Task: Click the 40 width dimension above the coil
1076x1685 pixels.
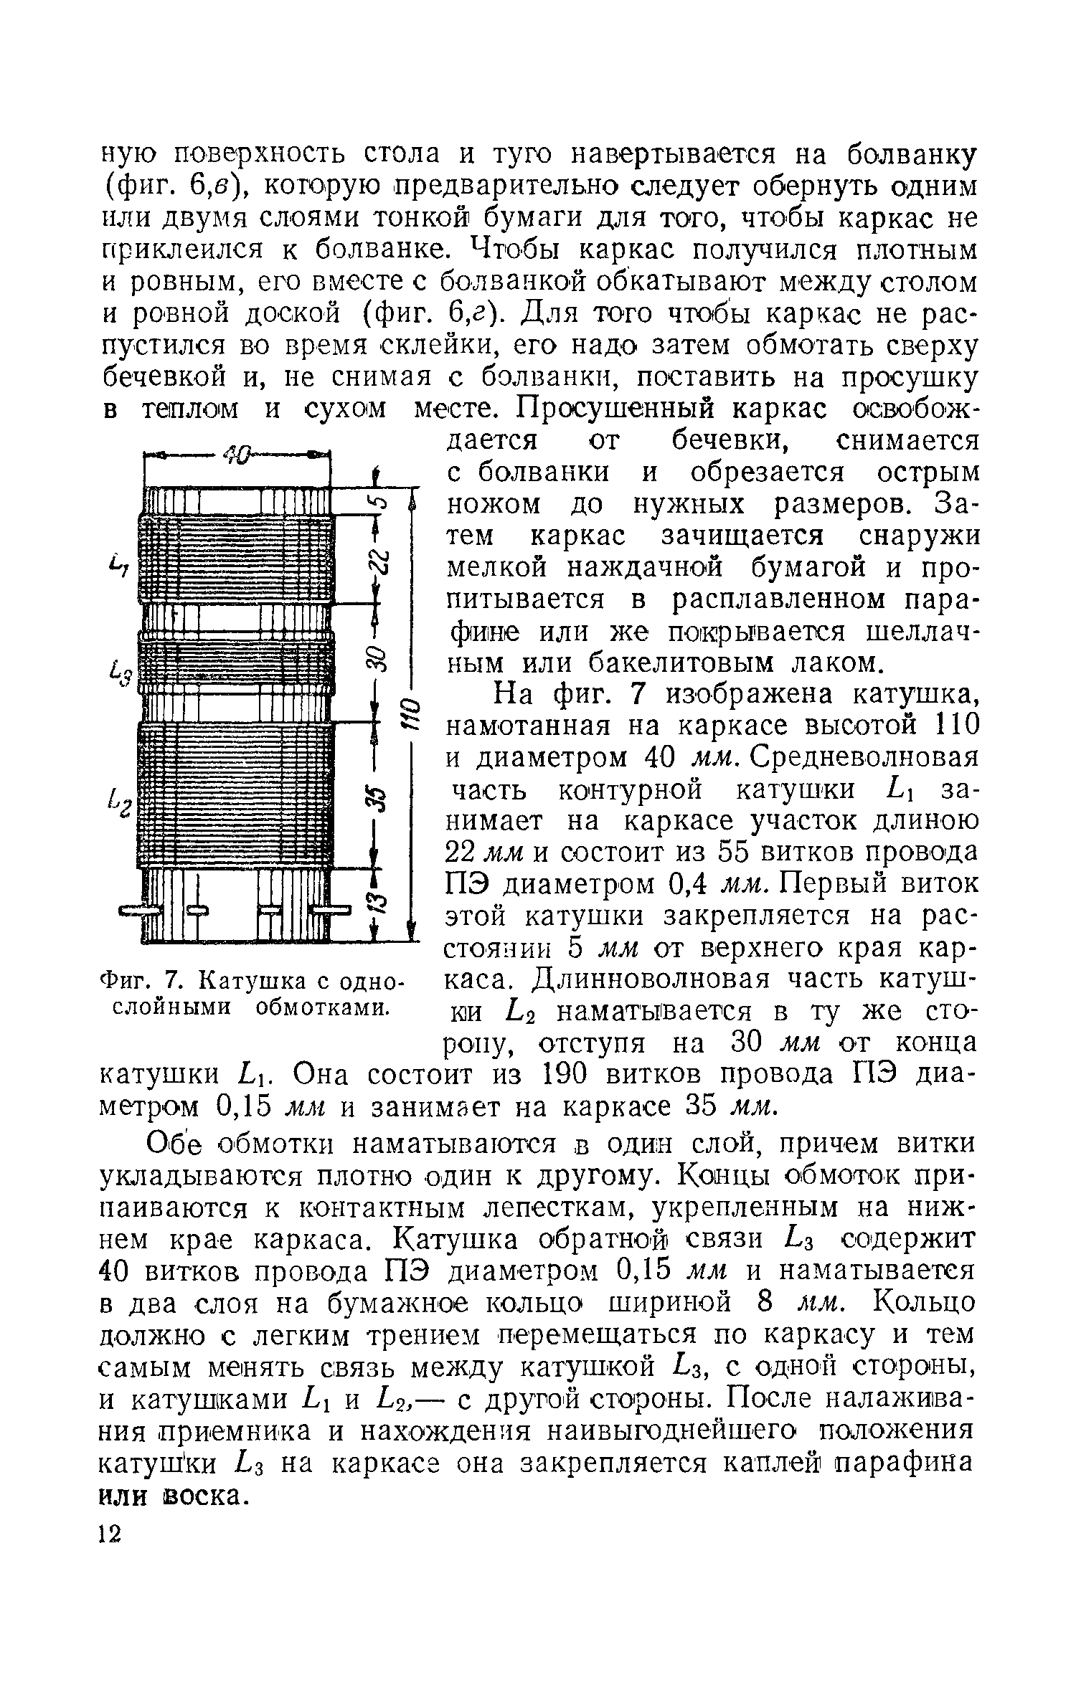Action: click(237, 455)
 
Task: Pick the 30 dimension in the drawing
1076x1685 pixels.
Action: click(378, 660)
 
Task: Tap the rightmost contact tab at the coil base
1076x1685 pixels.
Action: click(331, 911)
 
